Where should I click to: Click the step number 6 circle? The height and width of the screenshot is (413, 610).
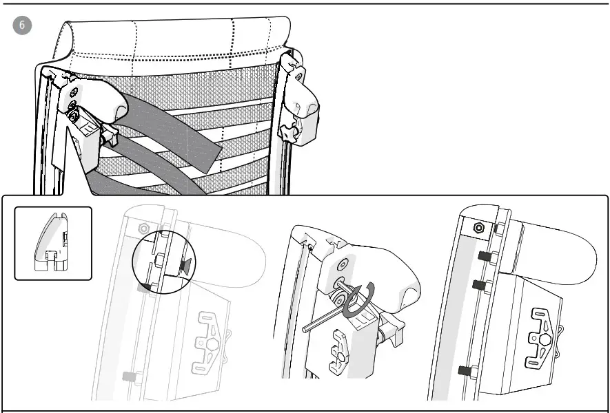click(x=21, y=24)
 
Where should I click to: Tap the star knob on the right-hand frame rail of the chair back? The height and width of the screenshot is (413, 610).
click(x=287, y=131)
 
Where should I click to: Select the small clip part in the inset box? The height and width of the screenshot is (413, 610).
click(x=52, y=244)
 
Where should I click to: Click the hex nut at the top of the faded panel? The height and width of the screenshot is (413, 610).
click(x=143, y=228)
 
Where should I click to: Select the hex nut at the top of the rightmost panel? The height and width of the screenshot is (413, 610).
click(x=478, y=228)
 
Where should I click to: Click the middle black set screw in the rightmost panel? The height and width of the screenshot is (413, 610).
click(x=478, y=283)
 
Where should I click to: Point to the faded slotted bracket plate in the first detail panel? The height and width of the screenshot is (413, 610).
click(x=212, y=334)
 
